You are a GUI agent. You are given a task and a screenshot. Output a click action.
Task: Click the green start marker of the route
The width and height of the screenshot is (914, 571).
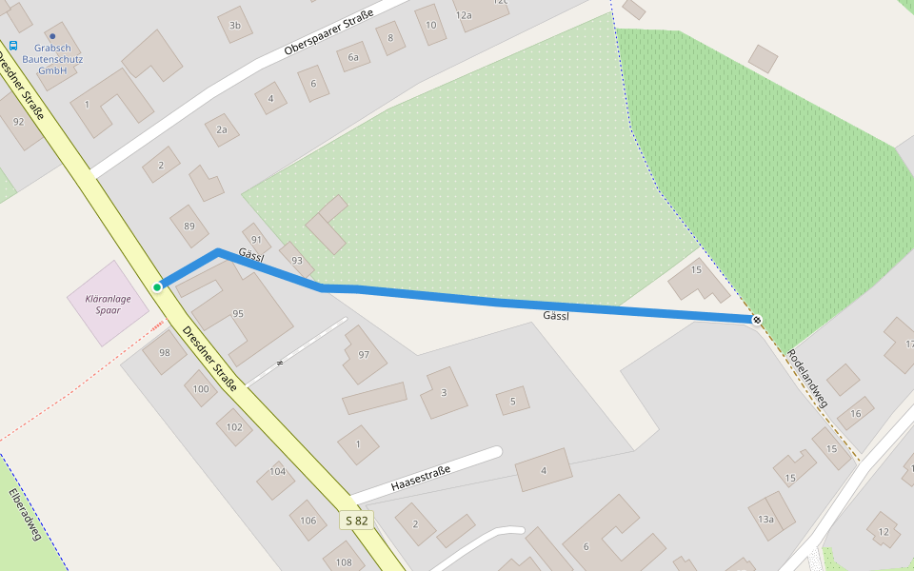157,286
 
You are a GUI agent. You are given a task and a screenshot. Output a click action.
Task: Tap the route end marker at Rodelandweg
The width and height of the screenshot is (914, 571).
757,320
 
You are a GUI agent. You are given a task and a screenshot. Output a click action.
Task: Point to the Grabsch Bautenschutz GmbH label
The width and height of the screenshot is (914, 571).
52,59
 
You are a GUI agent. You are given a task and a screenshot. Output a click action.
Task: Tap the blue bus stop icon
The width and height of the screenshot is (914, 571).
13,45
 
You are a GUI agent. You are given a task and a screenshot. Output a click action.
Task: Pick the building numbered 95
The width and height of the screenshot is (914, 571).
237,313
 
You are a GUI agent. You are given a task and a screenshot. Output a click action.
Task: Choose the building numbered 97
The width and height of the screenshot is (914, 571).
364,354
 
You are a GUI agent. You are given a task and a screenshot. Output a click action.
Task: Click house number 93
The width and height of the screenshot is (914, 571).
297,260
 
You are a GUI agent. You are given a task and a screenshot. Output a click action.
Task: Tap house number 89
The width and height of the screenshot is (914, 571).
189,226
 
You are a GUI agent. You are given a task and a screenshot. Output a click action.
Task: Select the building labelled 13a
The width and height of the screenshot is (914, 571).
766,519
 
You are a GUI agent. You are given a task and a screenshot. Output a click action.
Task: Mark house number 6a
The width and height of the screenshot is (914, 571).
353,57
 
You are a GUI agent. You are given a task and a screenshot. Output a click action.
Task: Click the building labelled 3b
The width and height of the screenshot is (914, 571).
234,25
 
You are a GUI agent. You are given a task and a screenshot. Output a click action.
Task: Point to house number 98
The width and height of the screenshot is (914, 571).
165,353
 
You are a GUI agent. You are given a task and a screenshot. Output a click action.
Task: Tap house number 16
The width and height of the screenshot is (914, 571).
855,413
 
